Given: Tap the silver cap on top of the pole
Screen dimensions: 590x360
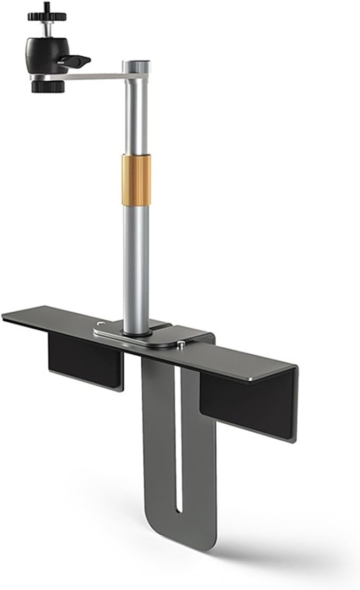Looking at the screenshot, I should (138, 66).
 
